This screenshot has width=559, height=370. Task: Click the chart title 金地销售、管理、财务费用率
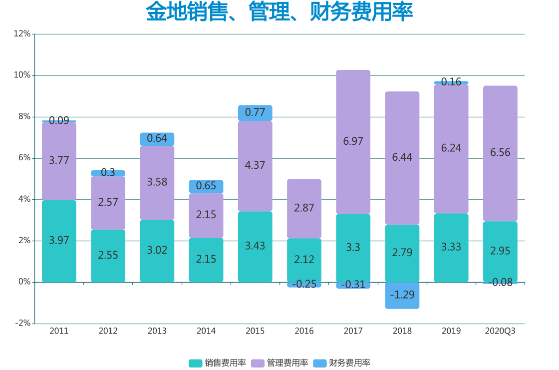click(x=279, y=12)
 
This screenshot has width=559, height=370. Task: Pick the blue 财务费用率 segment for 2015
click(x=255, y=113)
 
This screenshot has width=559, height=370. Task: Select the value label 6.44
click(x=402, y=157)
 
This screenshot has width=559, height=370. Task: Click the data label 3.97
click(x=59, y=240)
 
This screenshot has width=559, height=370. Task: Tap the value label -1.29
click(x=402, y=295)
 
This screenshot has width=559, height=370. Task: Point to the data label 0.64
click(x=157, y=138)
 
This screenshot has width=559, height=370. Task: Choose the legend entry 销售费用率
click(x=218, y=363)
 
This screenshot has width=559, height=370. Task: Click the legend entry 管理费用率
click(x=280, y=363)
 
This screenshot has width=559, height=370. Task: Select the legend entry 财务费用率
click(x=342, y=363)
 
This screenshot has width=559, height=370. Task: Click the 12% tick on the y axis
click(x=22, y=34)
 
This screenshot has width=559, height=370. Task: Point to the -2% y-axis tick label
click(x=22, y=323)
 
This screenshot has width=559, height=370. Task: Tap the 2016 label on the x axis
click(x=304, y=331)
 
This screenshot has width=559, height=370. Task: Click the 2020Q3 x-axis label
click(x=500, y=331)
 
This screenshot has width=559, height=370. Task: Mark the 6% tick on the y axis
click(x=23, y=158)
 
